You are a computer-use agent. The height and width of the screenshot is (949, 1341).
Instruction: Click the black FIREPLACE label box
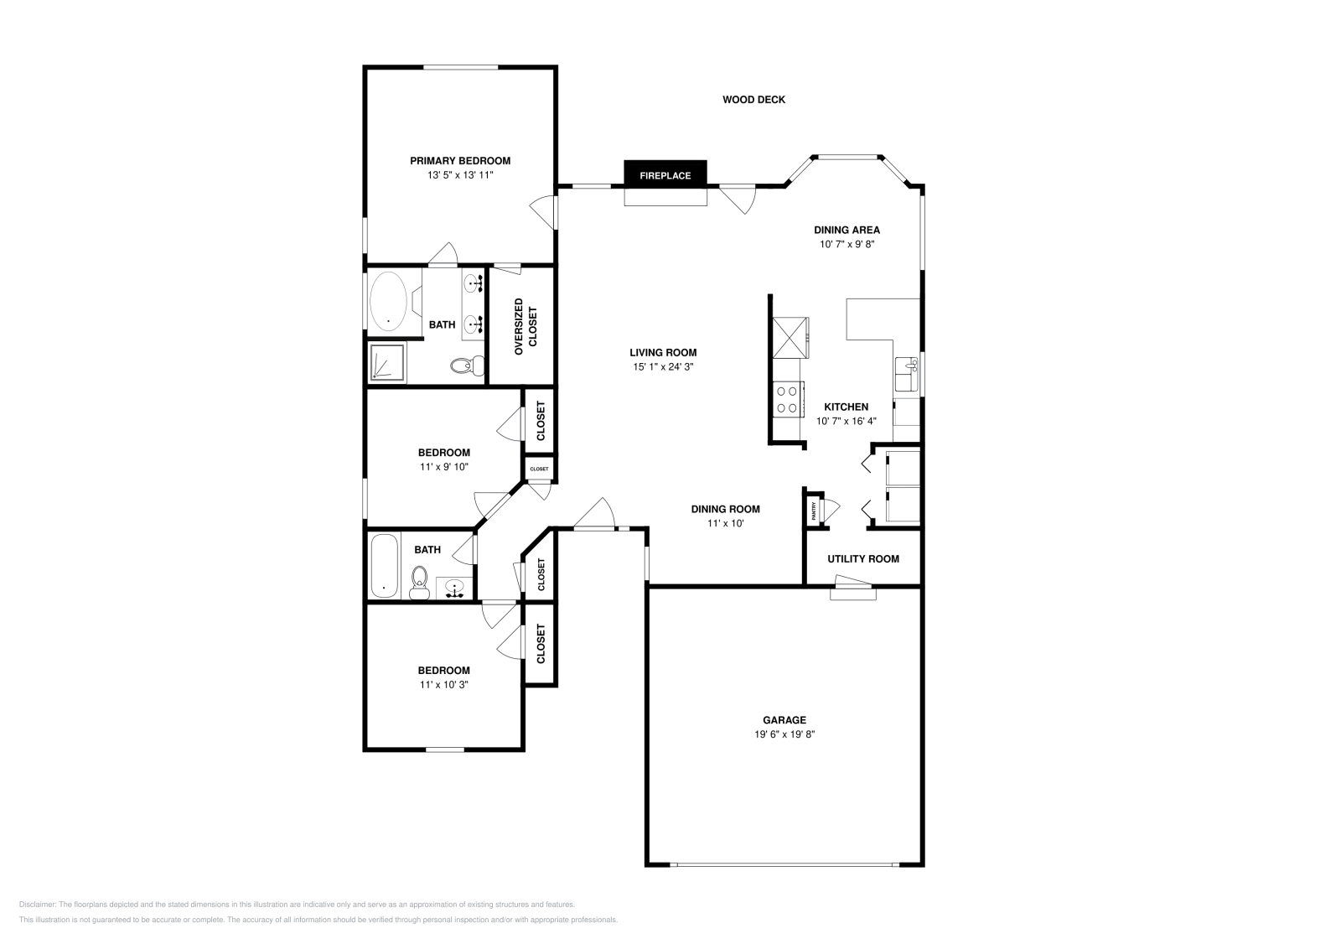[x=665, y=175]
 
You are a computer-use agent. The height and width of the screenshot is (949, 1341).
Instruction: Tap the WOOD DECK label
[x=753, y=100]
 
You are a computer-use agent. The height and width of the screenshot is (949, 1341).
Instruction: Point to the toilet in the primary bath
[x=466, y=366]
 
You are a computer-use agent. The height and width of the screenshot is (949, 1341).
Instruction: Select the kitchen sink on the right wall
[x=906, y=374]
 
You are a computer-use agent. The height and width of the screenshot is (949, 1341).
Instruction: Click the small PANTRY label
[x=813, y=510]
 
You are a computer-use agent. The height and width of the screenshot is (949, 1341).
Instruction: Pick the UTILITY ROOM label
[x=862, y=559]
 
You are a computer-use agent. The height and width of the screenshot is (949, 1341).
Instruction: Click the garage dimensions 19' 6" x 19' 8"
[x=784, y=734]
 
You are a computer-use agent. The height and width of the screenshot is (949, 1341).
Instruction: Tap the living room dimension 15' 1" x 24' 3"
[x=663, y=366]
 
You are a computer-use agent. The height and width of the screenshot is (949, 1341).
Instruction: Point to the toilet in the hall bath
[x=420, y=582]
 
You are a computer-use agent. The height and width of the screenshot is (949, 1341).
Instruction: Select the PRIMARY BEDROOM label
[x=459, y=161]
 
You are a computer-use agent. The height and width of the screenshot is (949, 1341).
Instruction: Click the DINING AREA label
[x=847, y=230]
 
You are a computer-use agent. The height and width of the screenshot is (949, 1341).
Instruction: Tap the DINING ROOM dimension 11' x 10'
[x=725, y=523]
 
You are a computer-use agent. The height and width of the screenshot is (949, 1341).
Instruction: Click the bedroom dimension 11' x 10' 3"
[x=443, y=684]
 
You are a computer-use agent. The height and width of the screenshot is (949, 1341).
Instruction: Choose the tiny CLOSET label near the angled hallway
[x=539, y=469]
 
